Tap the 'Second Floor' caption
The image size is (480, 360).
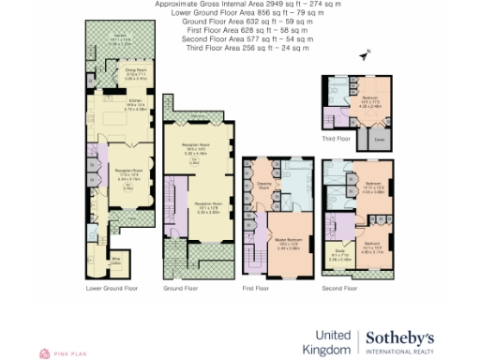[x=338, y=288]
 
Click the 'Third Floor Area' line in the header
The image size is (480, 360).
[x=239, y=49]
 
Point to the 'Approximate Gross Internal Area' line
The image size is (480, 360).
[x=239, y=4]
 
